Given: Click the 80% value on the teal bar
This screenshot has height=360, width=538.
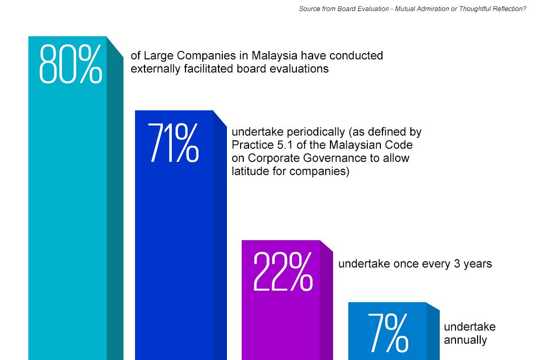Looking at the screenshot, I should point(70,64).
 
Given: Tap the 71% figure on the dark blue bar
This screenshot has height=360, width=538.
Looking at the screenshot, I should point(173,142).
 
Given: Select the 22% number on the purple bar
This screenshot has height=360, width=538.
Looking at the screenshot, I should point(283,272).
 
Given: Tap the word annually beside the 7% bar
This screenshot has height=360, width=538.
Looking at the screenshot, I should point(465,340).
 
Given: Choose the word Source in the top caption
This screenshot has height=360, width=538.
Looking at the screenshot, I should point(310,9).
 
